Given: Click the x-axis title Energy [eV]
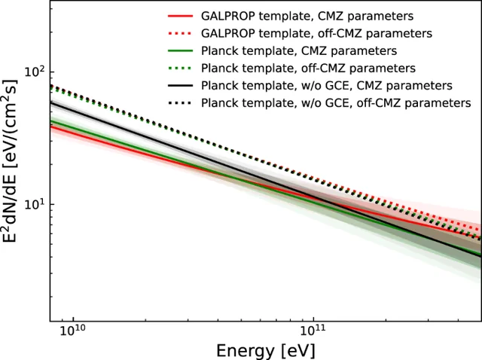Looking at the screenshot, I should pos(265,349).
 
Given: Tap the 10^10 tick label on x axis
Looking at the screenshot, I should pos(72,330).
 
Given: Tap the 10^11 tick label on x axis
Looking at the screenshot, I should pos(313,330).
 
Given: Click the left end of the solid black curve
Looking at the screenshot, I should pos(51,102).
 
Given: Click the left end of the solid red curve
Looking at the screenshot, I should pos(51,126).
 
